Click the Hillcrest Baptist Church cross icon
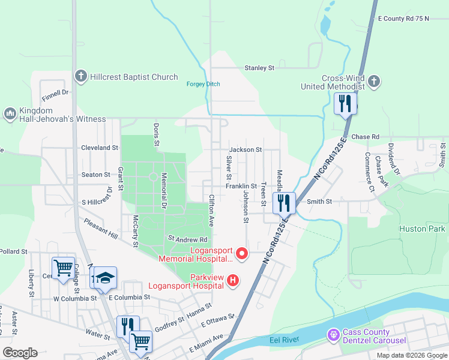(x=80, y=77)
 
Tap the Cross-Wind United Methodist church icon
(x=373, y=81)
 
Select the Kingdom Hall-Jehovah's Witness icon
(x=10, y=113)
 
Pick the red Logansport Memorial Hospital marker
(x=243, y=254)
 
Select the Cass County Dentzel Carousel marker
(x=334, y=334)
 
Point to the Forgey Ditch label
(x=203, y=84)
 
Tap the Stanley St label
(x=259, y=68)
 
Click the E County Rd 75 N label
(x=403, y=19)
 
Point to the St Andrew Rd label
(x=183, y=238)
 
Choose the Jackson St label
(x=245, y=149)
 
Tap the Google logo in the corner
(x=20, y=353)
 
